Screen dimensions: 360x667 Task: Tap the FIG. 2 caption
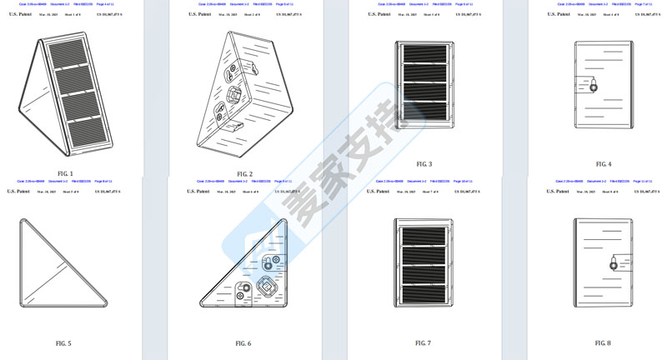(x=243, y=174)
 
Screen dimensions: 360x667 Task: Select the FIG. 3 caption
(x=424, y=164)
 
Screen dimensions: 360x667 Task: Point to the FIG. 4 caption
(x=604, y=164)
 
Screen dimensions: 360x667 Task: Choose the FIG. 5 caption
(x=63, y=343)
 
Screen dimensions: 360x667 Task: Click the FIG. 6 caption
(x=243, y=343)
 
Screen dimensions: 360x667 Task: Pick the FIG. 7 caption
(x=424, y=342)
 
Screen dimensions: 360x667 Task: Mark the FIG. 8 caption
(x=604, y=342)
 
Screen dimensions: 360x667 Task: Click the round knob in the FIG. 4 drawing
(x=593, y=85)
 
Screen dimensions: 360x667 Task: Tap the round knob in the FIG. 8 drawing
(x=614, y=264)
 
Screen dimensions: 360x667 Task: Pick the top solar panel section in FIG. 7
(x=424, y=236)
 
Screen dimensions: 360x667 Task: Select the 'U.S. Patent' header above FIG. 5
(x=18, y=191)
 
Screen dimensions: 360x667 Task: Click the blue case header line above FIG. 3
(x=424, y=4)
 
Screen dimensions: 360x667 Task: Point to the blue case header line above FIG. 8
(x=604, y=181)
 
